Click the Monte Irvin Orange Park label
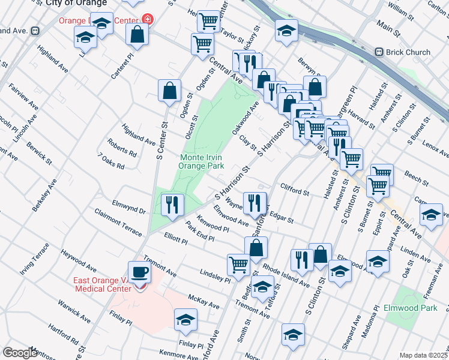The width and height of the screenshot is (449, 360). click(x=202, y=161)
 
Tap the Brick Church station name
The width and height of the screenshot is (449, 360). click(x=409, y=52)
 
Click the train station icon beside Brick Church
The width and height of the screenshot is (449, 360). click(x=379, y=52)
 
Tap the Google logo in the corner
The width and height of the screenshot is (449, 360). click(x=20, y=353)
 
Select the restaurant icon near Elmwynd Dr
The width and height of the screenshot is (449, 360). click(x=172, y=205)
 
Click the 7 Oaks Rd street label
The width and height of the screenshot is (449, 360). click(x=111, y=161)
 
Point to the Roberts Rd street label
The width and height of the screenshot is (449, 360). click(x=122, y=148)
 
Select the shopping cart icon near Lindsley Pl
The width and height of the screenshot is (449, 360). click(x=239, y=264)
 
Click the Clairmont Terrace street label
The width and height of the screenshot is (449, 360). click(x=118, y=222)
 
